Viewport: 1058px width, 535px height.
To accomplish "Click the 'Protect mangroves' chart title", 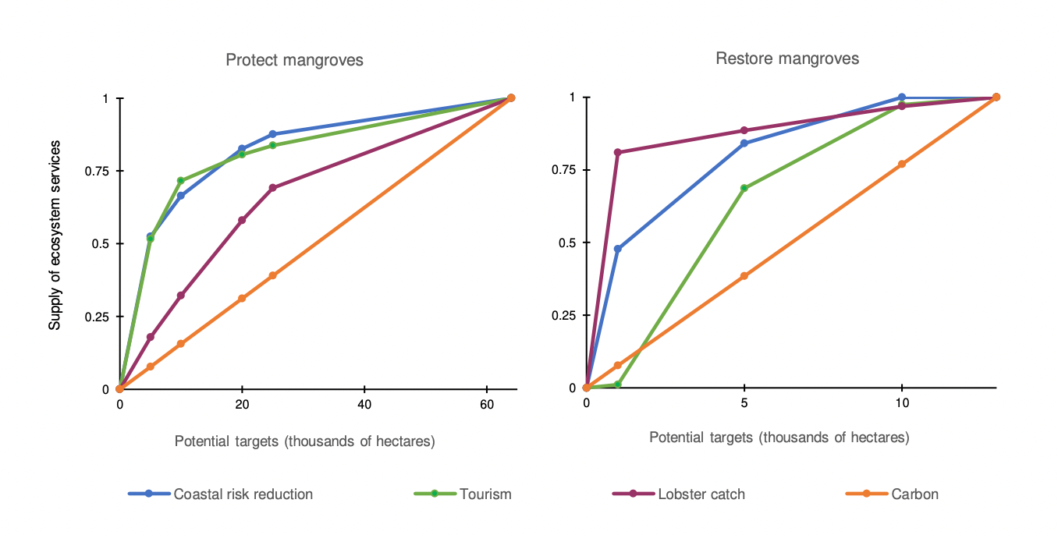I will click(294, 60).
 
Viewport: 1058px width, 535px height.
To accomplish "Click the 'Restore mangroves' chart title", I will click(787, 58).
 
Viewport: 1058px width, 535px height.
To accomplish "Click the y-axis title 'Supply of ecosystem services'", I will click(55, 235).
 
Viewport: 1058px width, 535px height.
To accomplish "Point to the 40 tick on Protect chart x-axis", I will click(364, 404).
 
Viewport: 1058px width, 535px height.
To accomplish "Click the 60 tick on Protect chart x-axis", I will click(487, 404).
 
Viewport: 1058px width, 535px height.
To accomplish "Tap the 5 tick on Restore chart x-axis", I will click(744, 403).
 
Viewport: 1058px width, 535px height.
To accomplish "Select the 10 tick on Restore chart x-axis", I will click(902, 403).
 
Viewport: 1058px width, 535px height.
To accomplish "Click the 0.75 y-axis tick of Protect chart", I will click(99, 171).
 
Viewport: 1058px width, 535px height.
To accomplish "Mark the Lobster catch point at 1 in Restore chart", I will click(618, 152).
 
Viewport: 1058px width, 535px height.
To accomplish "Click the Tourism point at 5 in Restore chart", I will click(744, 188).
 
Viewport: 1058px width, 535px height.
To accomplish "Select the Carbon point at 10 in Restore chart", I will click(902, 164).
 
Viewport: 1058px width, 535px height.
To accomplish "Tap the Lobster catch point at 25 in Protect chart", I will click(272, 188).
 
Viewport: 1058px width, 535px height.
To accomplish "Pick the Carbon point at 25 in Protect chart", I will click(272, 275).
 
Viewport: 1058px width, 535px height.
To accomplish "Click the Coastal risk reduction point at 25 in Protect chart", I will click(272, 134).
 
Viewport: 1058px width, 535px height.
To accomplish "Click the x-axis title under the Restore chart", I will click(779, 438).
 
